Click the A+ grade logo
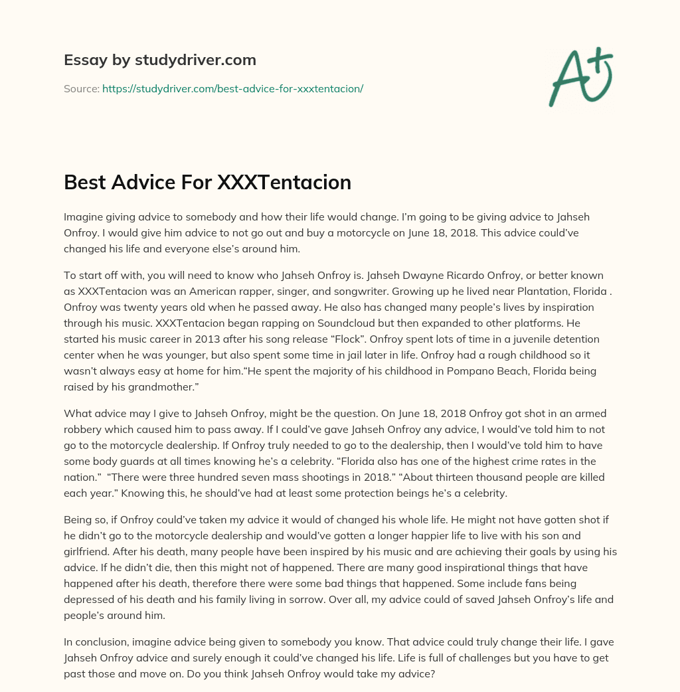click(580, 76)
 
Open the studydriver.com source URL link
click(232, 88)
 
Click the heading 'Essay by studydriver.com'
click(159, 60)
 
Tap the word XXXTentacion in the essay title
click(284, 182)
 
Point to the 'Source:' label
click(81, 88)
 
